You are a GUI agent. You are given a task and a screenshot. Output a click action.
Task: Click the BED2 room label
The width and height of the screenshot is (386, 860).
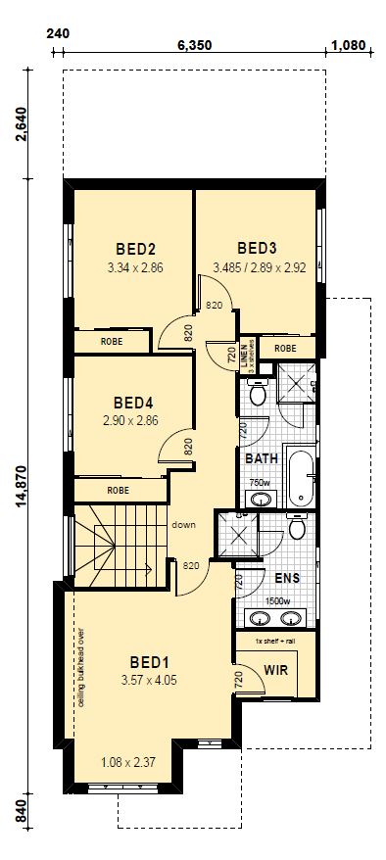click(x=136, y=250)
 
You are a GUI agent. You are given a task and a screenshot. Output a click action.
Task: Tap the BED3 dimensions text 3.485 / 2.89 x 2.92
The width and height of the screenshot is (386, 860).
click(x=260, y=267)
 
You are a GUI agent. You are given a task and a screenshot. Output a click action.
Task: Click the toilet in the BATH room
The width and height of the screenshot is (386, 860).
click(x=257, y=391)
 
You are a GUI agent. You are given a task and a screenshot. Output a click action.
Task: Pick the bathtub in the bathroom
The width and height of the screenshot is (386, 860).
click(x=301, y=475)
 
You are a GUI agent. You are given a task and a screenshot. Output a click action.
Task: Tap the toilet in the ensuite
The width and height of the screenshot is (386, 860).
click(x=297, y=527)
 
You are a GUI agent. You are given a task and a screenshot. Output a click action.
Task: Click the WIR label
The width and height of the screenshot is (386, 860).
click(x=276, y=670)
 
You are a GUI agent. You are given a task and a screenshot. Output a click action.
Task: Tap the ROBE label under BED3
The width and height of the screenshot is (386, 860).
click(x=285, y=349)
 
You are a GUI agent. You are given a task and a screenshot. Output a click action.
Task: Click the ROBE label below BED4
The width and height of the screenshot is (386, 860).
click(x=118, y=491)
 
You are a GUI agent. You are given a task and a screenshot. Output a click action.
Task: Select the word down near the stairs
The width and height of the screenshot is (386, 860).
click(x=183, y=525)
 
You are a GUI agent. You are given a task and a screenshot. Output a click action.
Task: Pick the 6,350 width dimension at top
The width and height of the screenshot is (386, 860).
click(x=194, y=45)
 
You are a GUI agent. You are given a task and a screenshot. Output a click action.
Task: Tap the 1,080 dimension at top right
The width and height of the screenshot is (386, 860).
click(x=348, y=45)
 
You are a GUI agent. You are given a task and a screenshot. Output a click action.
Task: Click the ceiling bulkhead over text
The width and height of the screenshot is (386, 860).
click(x=80, y=674)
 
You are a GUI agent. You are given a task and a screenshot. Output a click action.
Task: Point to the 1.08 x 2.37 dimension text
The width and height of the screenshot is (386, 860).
click(x=129, y=762)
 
